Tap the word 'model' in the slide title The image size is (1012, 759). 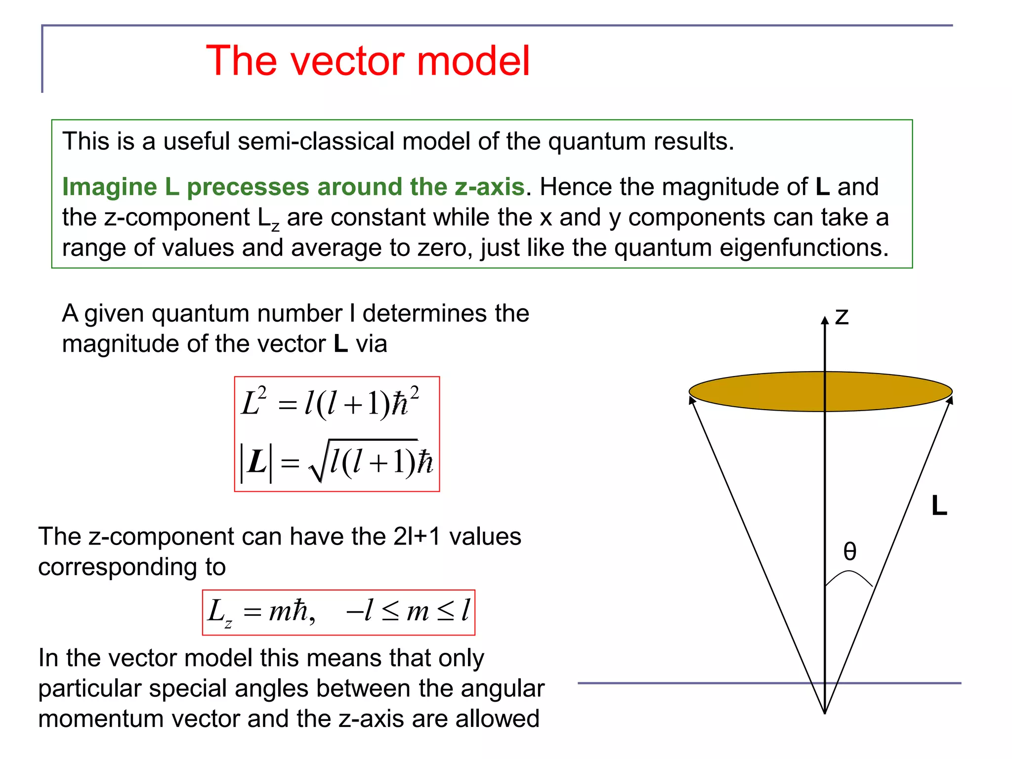point(473,61)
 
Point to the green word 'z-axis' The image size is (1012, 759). point(489,187)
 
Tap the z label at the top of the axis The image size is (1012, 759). point(842,316)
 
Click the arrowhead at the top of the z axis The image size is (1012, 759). point(825,320)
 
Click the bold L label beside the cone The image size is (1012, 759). point(939,506)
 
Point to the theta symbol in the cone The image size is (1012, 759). point(849,551)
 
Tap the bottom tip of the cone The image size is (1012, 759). point(825,712)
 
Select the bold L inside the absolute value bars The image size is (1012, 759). point(256,463)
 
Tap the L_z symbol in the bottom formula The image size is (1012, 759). point(219,613)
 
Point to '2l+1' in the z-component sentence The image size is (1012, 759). point(417,537)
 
